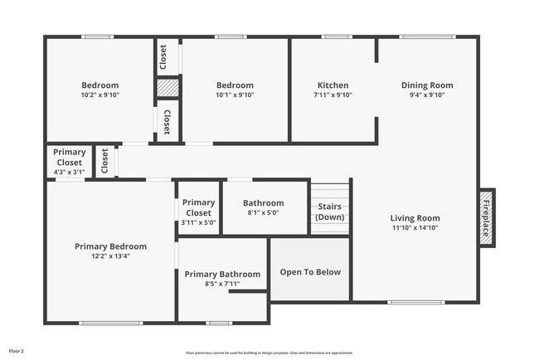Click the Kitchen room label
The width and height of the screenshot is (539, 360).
click(x=333, y=85)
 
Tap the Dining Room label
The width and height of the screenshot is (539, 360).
click(x=427, y=85)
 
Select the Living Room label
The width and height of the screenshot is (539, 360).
click(x=415, y=218)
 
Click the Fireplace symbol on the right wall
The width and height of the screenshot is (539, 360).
click(x=487, y=216)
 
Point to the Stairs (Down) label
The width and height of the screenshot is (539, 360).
click(x=330, y=211)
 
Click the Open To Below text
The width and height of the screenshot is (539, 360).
click(x=310, y=272)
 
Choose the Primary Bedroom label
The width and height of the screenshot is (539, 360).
click(x=110, y=246)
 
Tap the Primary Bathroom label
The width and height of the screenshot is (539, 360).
click(x=222, y=275)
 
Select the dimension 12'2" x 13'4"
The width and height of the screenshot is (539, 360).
click(x=110, y=256)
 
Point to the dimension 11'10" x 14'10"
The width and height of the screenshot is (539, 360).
click(x=415, y=228)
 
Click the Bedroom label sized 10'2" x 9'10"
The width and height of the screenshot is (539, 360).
click(x=100, y=85)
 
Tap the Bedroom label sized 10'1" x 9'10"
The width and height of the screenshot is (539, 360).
click(x=235, y=85)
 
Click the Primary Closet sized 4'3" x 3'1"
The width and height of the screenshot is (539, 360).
click(x=69, y=157)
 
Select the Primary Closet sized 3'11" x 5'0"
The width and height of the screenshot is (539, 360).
click(x=198, y=207)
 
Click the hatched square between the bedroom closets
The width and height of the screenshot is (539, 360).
click(x=168, y=87)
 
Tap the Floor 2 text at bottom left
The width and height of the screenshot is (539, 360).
click(x=17, y=351)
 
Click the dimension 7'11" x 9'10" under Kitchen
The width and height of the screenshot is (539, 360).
click(x=333, y=95)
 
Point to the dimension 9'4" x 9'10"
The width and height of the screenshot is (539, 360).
click(x=427, y=95)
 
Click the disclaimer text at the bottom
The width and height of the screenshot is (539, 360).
click(x=269, y=353)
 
